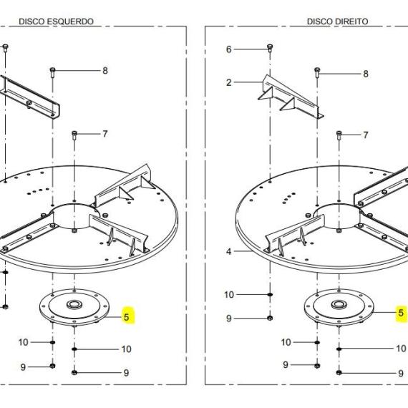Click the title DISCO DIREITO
337,21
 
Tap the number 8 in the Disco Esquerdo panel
105,71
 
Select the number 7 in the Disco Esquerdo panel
105,134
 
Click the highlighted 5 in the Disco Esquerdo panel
127,316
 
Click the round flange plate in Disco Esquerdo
74,307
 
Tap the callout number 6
229,49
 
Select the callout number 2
229,82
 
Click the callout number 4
229,251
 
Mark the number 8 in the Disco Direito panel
366,74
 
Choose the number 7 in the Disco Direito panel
366,135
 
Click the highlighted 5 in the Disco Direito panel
401,313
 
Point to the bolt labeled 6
269,49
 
